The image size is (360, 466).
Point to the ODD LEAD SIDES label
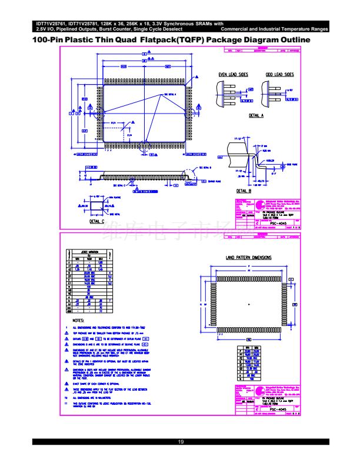(x=279, y=75)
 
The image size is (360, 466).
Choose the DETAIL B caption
(x=244, y=191)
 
